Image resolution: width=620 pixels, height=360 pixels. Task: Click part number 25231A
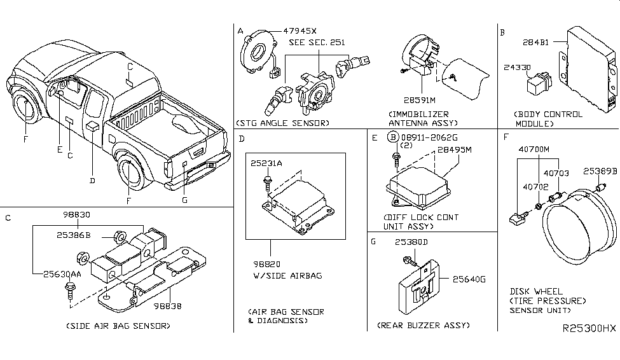click(x=266, y=163)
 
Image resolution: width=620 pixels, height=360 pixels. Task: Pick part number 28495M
click(x=455, y=150)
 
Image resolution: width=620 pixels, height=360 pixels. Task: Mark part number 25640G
click(x=469, y=278)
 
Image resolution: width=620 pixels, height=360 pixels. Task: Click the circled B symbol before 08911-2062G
click(x=394, y=137)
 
